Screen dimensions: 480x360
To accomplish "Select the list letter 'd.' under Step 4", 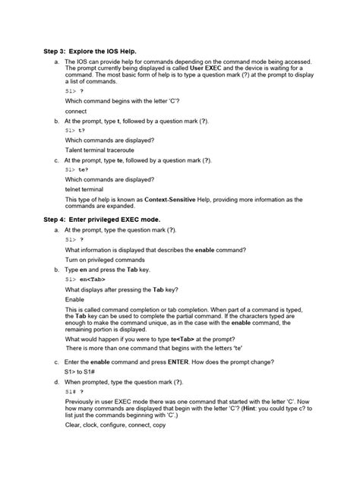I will pos(57,381).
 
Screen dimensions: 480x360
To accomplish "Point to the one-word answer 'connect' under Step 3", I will pos(76,110).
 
